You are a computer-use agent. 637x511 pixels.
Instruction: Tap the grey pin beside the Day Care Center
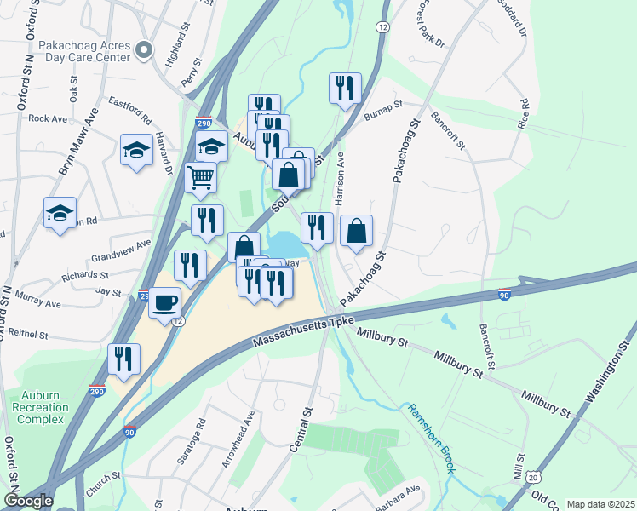click(144, 50)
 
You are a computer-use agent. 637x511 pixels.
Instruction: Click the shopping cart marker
click(200, 177)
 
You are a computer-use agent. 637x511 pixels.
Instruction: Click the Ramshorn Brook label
click(433, 437)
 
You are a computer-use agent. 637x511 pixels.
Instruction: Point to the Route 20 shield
click(531, 483)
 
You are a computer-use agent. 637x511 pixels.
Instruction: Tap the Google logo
click(28, 501)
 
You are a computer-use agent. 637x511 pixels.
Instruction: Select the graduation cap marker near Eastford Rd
click(135, 151)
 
